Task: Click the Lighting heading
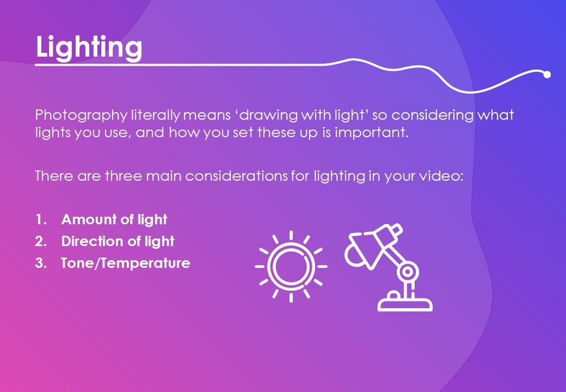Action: [x=89, y=47]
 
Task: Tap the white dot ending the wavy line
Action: [x=547, y=74]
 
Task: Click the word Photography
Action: [x=81, y=116]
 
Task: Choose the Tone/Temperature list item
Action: [x=126, y=263]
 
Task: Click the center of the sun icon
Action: [x=291, y=266]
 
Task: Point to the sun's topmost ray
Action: [x=291, y=235]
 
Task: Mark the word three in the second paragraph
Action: [x=123, y=176]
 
